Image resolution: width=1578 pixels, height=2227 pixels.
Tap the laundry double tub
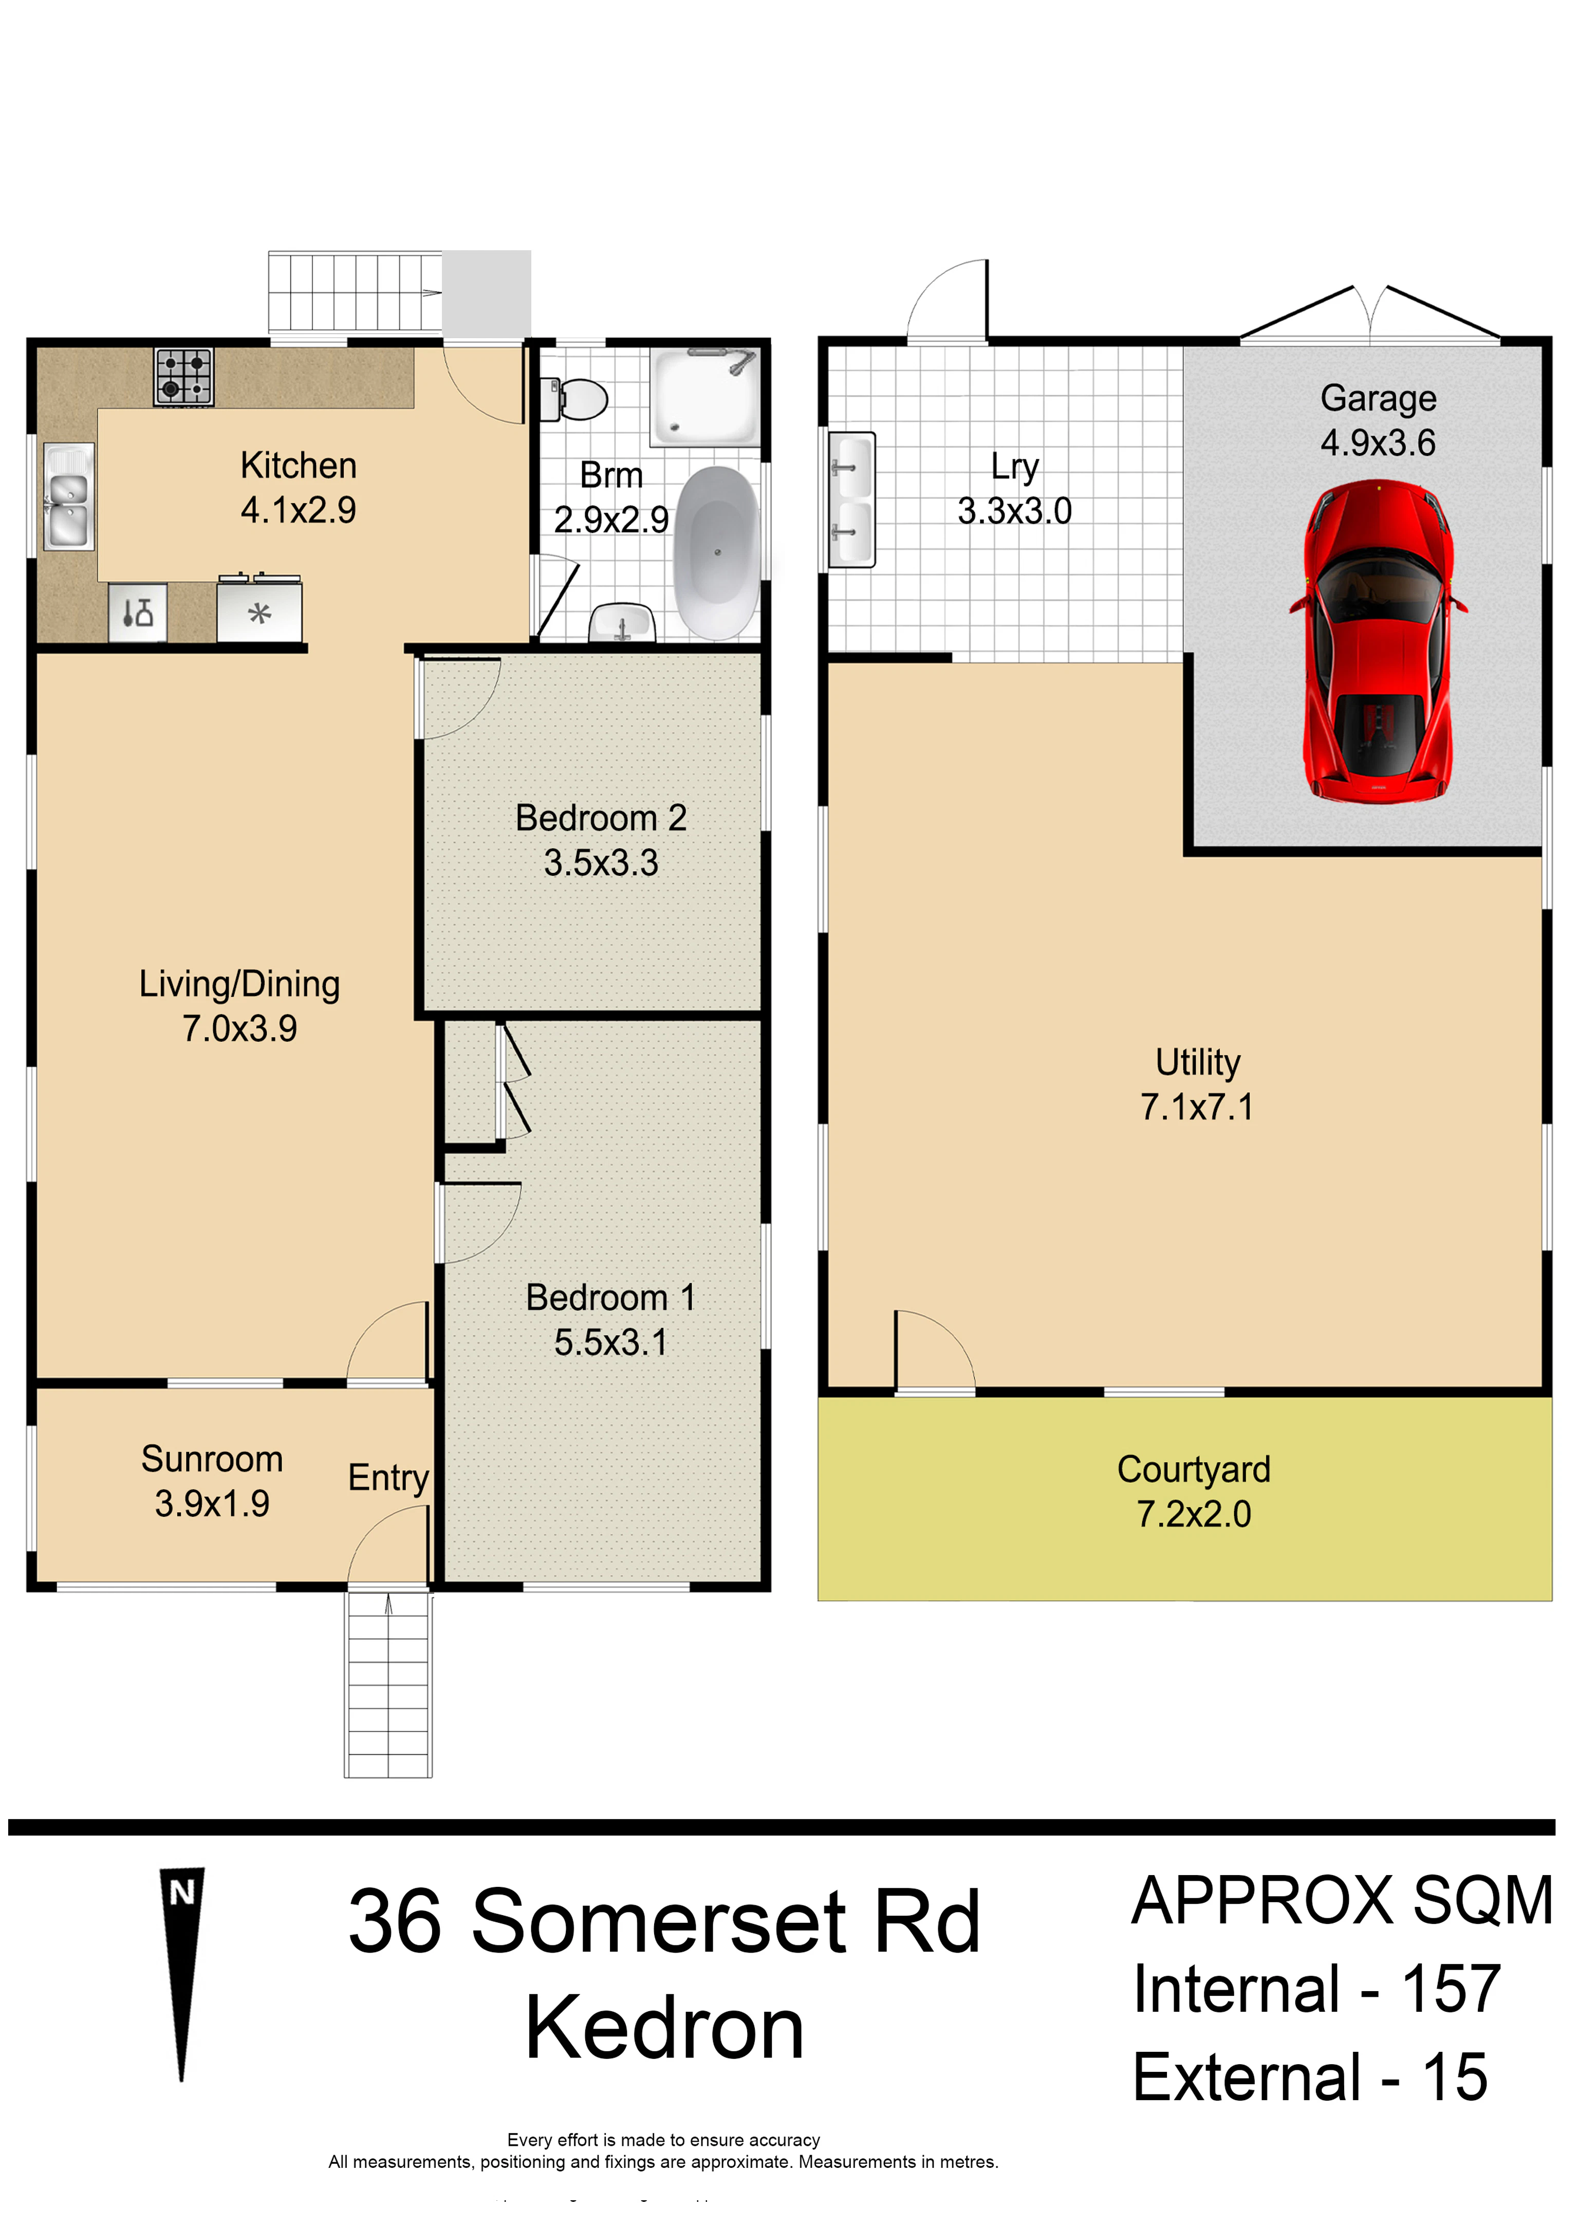tap(851, 499)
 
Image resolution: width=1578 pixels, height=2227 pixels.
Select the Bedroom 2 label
tap(601, 818)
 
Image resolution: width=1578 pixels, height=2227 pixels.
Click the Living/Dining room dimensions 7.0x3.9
tap(240, 1029)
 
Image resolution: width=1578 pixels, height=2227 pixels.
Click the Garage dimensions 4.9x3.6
tap(1378, 443)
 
